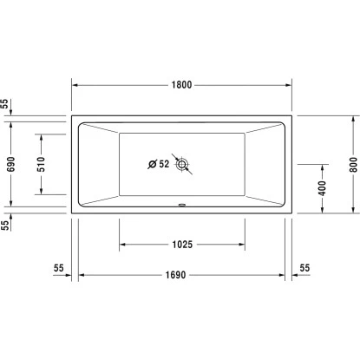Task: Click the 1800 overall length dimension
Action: (180, 85)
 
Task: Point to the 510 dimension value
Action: (40, 164)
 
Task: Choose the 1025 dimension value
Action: (180, 245)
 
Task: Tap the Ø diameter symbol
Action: (152, 164)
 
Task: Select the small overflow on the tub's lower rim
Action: (181, 206)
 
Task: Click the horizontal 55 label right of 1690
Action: (304, 268)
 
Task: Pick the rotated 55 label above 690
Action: (7, 104)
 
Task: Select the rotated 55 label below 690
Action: (7, 223)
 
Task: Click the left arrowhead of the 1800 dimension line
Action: (73, 85)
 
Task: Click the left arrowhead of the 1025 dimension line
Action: (121, 245)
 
